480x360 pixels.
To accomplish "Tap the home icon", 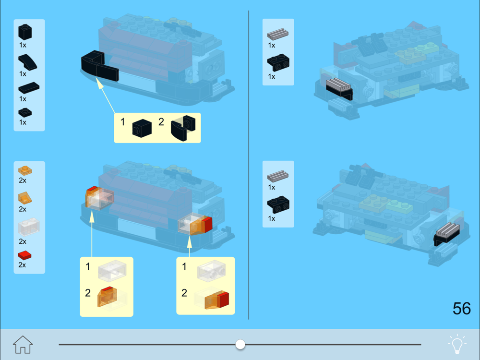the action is coord(23,344).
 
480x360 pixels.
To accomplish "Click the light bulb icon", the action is coord(457,344).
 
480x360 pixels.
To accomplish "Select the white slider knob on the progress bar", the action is coord(240,344).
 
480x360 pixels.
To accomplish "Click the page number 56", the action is coord(462,309).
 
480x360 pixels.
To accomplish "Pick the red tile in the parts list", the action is coord(24,255).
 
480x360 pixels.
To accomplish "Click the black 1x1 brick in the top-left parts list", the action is coord(25,32).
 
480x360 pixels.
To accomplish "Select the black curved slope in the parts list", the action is coord(27,62).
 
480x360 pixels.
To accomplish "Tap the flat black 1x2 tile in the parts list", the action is coord(29,88).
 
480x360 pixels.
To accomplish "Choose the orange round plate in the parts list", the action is coord(25,170).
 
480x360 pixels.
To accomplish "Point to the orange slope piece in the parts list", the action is coord(25,198).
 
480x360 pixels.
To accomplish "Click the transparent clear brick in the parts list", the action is coord(29,227).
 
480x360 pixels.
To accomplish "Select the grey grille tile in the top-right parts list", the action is coord(277,34).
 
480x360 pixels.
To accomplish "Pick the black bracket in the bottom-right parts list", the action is coord(278,204).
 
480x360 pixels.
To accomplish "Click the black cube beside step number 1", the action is coord(142,128).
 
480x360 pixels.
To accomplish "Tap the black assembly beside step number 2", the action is coord(183,128).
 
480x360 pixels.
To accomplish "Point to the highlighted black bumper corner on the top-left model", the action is coord(100,66).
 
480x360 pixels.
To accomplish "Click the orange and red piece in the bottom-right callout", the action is coord(217,300).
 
